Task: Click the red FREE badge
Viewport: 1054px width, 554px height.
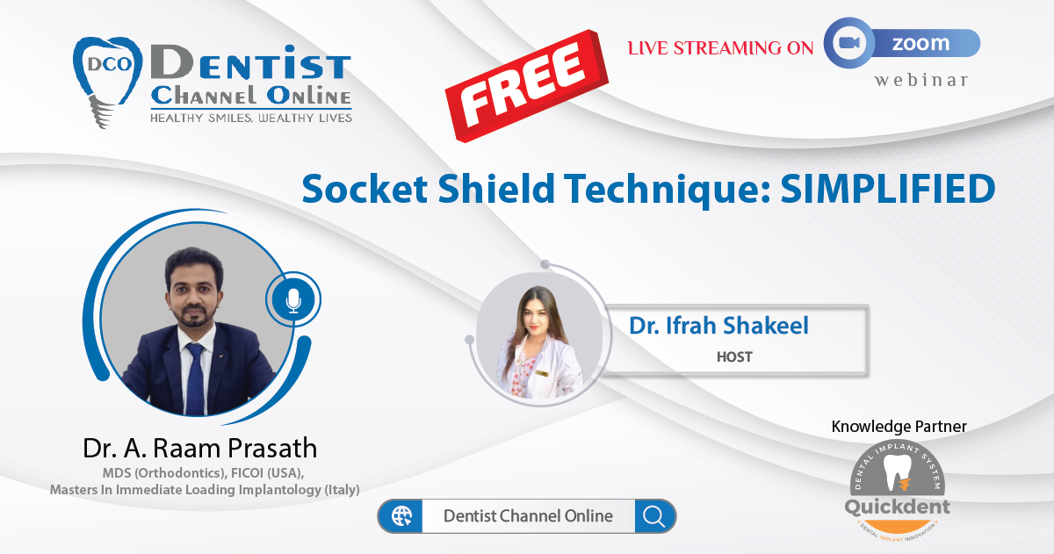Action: tap(526, 85)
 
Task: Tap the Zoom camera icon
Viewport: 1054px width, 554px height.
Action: tap(849, 43)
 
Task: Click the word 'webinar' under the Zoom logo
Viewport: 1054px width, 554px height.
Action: tap(921, 80)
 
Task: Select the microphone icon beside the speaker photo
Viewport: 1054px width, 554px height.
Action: tap(293, 300)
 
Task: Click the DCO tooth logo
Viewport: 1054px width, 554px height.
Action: tap(107, 81)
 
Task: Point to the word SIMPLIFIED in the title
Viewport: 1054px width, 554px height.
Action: tap(887, 189)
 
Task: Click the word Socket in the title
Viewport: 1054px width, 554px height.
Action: tap(365, 189)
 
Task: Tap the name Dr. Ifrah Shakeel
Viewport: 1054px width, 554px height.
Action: tap(718, 326)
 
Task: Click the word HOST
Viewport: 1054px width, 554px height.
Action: tap(734, 357)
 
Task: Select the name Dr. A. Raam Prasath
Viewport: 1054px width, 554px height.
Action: tap(200, 448)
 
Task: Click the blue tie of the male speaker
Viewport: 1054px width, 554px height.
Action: tap(196, 379)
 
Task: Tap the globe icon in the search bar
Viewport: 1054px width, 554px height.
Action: tap(401, 516)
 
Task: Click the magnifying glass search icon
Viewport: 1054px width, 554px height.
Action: tap(653, 516)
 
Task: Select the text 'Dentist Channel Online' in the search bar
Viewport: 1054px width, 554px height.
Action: tap(528, 516)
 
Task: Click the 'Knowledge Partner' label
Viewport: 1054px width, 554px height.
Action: tap(899, 426)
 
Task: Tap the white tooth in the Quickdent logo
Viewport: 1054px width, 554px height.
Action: tap(898, 471)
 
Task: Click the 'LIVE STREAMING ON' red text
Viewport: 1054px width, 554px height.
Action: tap(720, 48)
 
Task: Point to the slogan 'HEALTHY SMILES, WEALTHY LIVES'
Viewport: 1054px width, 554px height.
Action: tap(251, 118)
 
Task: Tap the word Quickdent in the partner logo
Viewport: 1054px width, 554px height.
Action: tap(898, 507)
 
